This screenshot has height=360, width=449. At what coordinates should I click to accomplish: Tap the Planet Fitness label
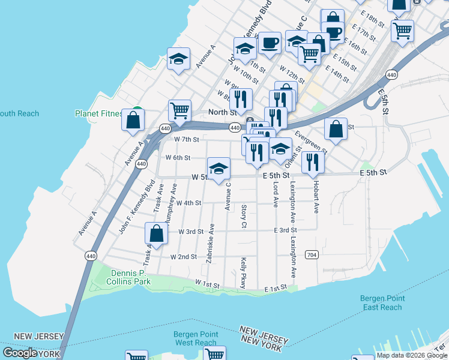click(x=99, y=113)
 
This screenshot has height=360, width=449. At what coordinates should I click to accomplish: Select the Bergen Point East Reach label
click(x=382, y=302)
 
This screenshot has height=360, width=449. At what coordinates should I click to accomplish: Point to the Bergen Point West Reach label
click(x=195, y=338)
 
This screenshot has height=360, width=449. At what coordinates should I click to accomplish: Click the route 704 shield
click(x=311, y=254)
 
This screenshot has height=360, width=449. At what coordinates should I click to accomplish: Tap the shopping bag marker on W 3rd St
click(x=156, y=234)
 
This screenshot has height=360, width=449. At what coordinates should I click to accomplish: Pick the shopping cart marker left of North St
click(x=179, y=110)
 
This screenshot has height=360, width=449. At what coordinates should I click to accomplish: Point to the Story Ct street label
click(x=244, y=216)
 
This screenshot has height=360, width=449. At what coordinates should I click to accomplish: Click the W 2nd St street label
click(x=184, y=256)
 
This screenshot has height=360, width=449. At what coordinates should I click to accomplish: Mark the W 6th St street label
click(x=178, y=158)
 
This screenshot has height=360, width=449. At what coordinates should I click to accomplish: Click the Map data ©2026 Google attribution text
click(x=411, y=355)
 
